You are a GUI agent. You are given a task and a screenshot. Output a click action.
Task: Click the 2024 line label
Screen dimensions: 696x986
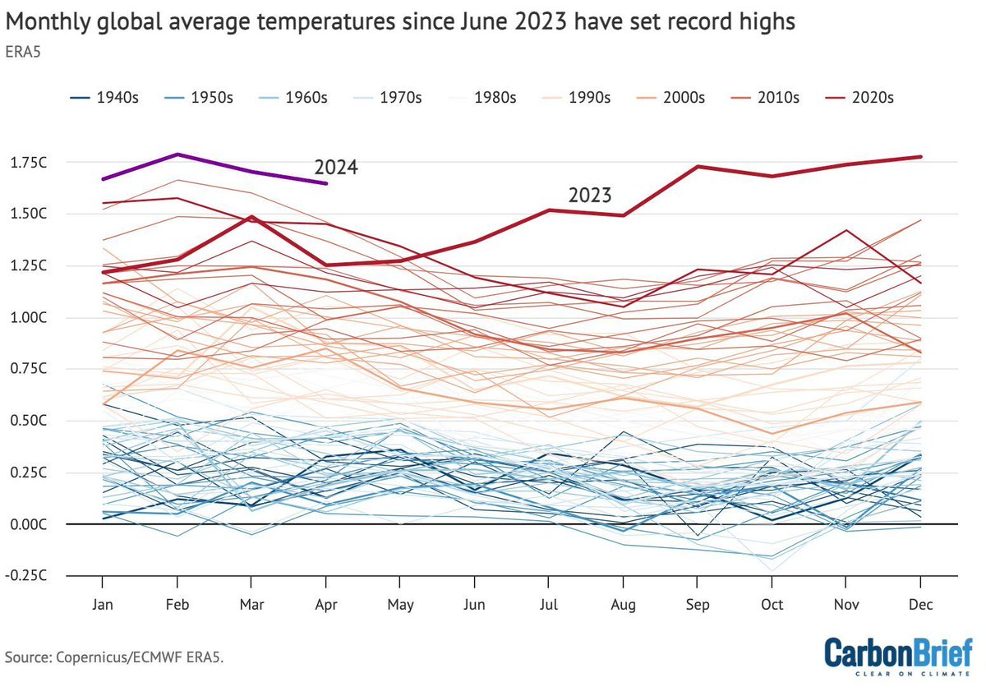click(x=336, y=168)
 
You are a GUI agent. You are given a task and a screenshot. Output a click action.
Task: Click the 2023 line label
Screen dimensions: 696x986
click(x=590, y=196)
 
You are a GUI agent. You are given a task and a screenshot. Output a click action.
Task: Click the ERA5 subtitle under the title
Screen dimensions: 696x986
click(x=24, y=49)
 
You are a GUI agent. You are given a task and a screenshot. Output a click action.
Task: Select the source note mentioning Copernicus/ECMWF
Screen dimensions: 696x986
click(x=114, y=657)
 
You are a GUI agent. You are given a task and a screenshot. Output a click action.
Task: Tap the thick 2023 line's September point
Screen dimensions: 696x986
click(x=698, y=167)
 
